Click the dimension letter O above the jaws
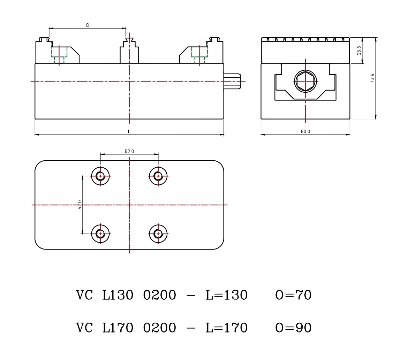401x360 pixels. pyautogui.click(x=88, y=25)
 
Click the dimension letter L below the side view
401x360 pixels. pyautogui.click(x=129, y=131)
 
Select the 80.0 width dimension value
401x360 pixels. pyautogui.click(x=305, y=131)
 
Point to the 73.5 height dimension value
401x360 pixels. pyautogui.click(x=372, y=78)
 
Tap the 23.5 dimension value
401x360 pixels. pyautogui.click(x=359, y=51)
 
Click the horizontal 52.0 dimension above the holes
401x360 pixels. pyautogui.click(x=129, y=151)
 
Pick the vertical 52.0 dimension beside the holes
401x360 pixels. pyautogui.click(x=80, y=205)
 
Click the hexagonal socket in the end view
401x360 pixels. pyautogui.click(x=305, y=81)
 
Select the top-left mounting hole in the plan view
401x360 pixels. pyautogui.click(x=100, y=176)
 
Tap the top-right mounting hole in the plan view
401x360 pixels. pyautogui.click(x=158, y=176)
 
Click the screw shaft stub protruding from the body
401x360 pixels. pyautogui.click(x=232, y=81)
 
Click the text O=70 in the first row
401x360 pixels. pyautogui.click(x=293, y=295)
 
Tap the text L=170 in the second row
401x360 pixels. pyautogui.click(x=226, y=328)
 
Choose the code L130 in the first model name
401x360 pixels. pyautogui.click(x=118, y=295)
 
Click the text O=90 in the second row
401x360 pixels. pyautogui.click(x=293, y=328)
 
